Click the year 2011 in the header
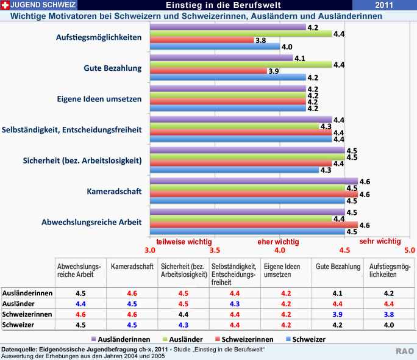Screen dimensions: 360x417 click(x=384, y=5)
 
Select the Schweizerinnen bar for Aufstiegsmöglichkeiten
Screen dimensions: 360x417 click(x=201, y=40)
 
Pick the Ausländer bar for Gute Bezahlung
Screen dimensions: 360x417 click(x=241, y=64)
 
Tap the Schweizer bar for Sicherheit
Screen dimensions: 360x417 click(x=234, y=170)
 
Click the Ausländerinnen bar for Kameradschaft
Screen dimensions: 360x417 click(x=254, y=181)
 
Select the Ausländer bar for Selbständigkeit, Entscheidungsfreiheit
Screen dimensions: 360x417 click(x=234, y=126)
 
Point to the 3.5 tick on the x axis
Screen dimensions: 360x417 click(x=215, y=250)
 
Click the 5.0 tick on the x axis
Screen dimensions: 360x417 click(x=409, y=250)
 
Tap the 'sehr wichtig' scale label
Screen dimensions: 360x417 click(x=380, y=242)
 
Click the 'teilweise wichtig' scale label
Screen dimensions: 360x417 click(x=184, y=242)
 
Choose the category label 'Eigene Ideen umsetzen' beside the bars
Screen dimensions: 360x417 click(x=99, y=99)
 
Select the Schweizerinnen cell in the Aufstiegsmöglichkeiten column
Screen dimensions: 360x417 click(x=389, y=314)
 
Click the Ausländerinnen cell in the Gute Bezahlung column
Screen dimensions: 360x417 click(x=337, y=293)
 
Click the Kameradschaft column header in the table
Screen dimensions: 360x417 click(x=132, y=267)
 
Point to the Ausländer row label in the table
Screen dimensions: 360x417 click(x=18, y=304)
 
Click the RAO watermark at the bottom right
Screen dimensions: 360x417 click(x=404, y=351)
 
